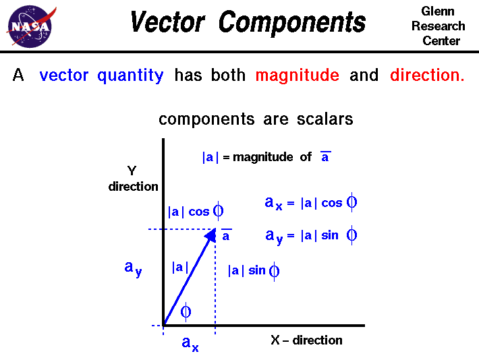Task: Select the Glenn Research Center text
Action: click(x=439, y=26)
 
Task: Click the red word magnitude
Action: click(x=297, y=76)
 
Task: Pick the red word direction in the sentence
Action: click(x=426, y=76)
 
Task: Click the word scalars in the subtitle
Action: click(x=325, y=119)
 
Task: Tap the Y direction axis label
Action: click(x=133, y=179)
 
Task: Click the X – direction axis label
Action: click(x=306, y=340)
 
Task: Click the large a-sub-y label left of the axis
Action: click(x=133, y=268)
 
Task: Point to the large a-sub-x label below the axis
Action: click(x=190, y=344)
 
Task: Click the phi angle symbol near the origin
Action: click(x=186, y=311)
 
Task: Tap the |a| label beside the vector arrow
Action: click(x=178, y=267)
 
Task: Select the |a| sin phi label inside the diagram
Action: click(x=254, y=271)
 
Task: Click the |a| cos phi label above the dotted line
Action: click(x=196, y=212)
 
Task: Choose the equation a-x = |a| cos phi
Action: click(x=311, y=202)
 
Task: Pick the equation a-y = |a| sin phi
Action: click(x=311, y=236)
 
